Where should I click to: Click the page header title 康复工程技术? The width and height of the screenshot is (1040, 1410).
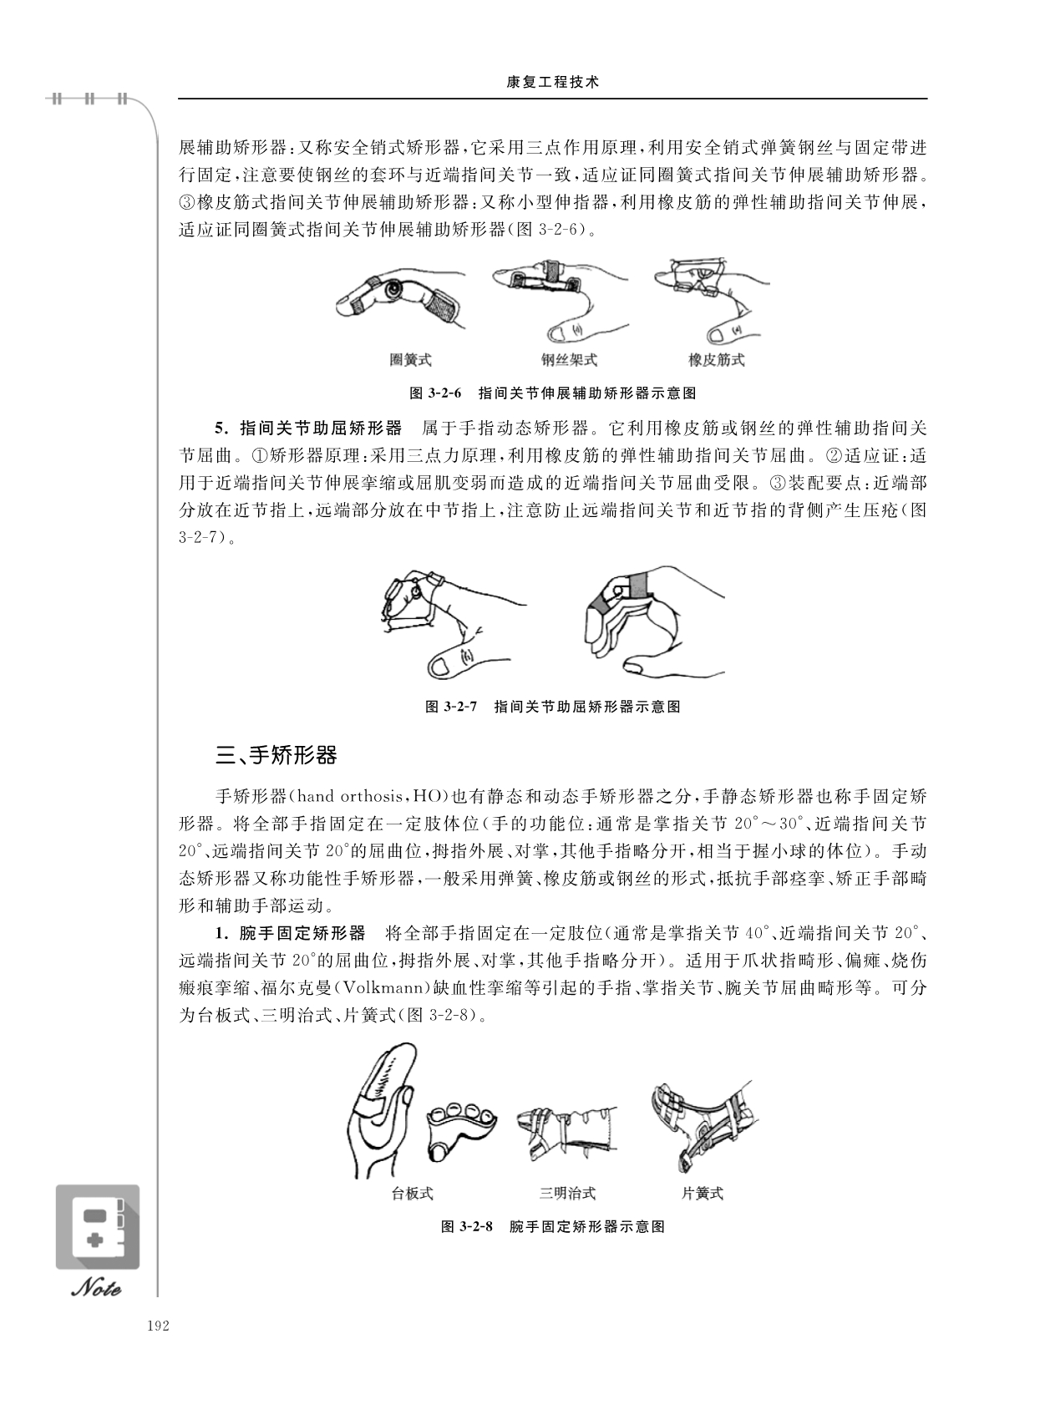[552, 83]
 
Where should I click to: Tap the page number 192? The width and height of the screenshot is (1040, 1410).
[158, 1326]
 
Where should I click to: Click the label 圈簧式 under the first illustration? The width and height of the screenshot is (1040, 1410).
[410, 360]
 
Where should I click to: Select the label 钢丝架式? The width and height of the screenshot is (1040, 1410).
[569, 360]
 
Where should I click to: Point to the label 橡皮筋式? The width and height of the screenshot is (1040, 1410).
[717, 360]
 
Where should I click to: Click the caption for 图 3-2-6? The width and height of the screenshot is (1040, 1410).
[553, 393]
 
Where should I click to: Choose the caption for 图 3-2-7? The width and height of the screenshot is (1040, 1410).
[553, 707]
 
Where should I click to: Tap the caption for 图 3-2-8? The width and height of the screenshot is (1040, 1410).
[553, 1226]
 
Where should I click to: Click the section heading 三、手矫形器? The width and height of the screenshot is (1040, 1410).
[276, 755]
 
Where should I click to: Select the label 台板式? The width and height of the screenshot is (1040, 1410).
[413, 1193]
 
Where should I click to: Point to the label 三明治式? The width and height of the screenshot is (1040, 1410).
[567, 1193]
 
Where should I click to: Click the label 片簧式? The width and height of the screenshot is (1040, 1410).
[703, 1193]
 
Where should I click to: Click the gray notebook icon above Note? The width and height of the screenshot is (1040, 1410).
[98, 1227]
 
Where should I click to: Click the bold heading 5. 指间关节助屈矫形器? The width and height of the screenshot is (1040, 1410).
[308, 429]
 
